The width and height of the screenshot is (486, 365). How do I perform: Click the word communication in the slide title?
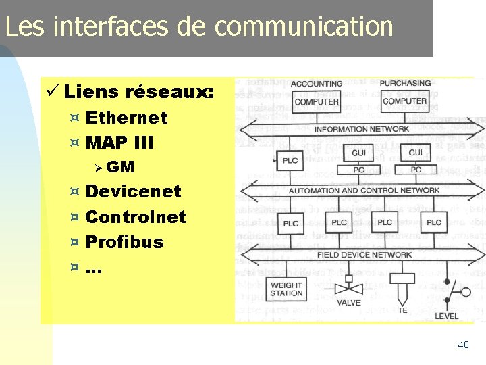[x=304, y=27]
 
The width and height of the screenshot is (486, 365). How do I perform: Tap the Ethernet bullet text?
[x=127, y=118]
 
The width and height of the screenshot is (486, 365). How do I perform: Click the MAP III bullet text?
[x=120, y=143]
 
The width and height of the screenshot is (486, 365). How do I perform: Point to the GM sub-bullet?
[x=120, y=167]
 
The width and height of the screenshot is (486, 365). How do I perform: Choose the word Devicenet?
[x=134, y=192]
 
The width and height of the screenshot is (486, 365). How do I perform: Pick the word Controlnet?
[x=136, y=217]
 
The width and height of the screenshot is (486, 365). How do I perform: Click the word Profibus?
[x=125, y=242]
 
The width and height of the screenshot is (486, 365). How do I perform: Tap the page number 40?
[x=463, y=345]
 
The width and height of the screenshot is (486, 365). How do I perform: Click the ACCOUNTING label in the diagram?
[x=317, y=84]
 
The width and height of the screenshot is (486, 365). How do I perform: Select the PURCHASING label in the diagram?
[x=405, y=84]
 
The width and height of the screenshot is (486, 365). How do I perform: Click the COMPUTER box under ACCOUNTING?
[x=317, y=102]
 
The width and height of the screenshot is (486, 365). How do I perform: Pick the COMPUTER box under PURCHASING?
[x=405, y=101]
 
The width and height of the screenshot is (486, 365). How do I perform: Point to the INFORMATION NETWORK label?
[x=362, y=129]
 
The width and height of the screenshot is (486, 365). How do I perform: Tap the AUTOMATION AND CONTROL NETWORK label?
[x=364, y=191]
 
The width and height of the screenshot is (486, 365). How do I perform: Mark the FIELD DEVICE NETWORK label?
[x=364, y=255]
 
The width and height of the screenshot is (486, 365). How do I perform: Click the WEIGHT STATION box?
[x=286, y=289]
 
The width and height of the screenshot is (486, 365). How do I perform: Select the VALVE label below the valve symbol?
[x=348, y=303]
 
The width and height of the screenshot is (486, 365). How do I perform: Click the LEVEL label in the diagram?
[x=446, y=316]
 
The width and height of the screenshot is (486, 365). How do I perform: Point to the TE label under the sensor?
[x=403, y=310]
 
